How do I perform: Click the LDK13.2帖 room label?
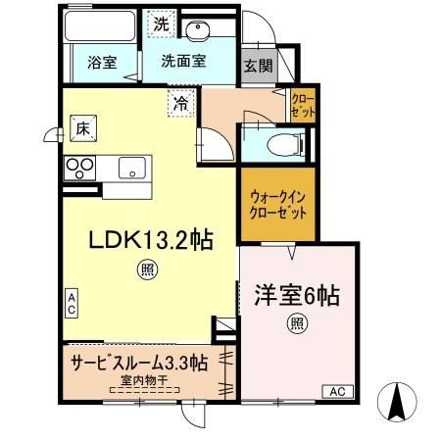click(153, 238)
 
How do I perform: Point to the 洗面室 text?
click(184, 62)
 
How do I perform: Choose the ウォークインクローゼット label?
click(278, 205)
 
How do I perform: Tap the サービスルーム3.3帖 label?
click(137, 362)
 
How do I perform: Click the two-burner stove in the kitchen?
click(78, 168)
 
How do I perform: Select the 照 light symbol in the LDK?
click(146, 268)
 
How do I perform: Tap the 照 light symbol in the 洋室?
click(296, 324)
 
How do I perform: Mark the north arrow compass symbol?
click(399, 402)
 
